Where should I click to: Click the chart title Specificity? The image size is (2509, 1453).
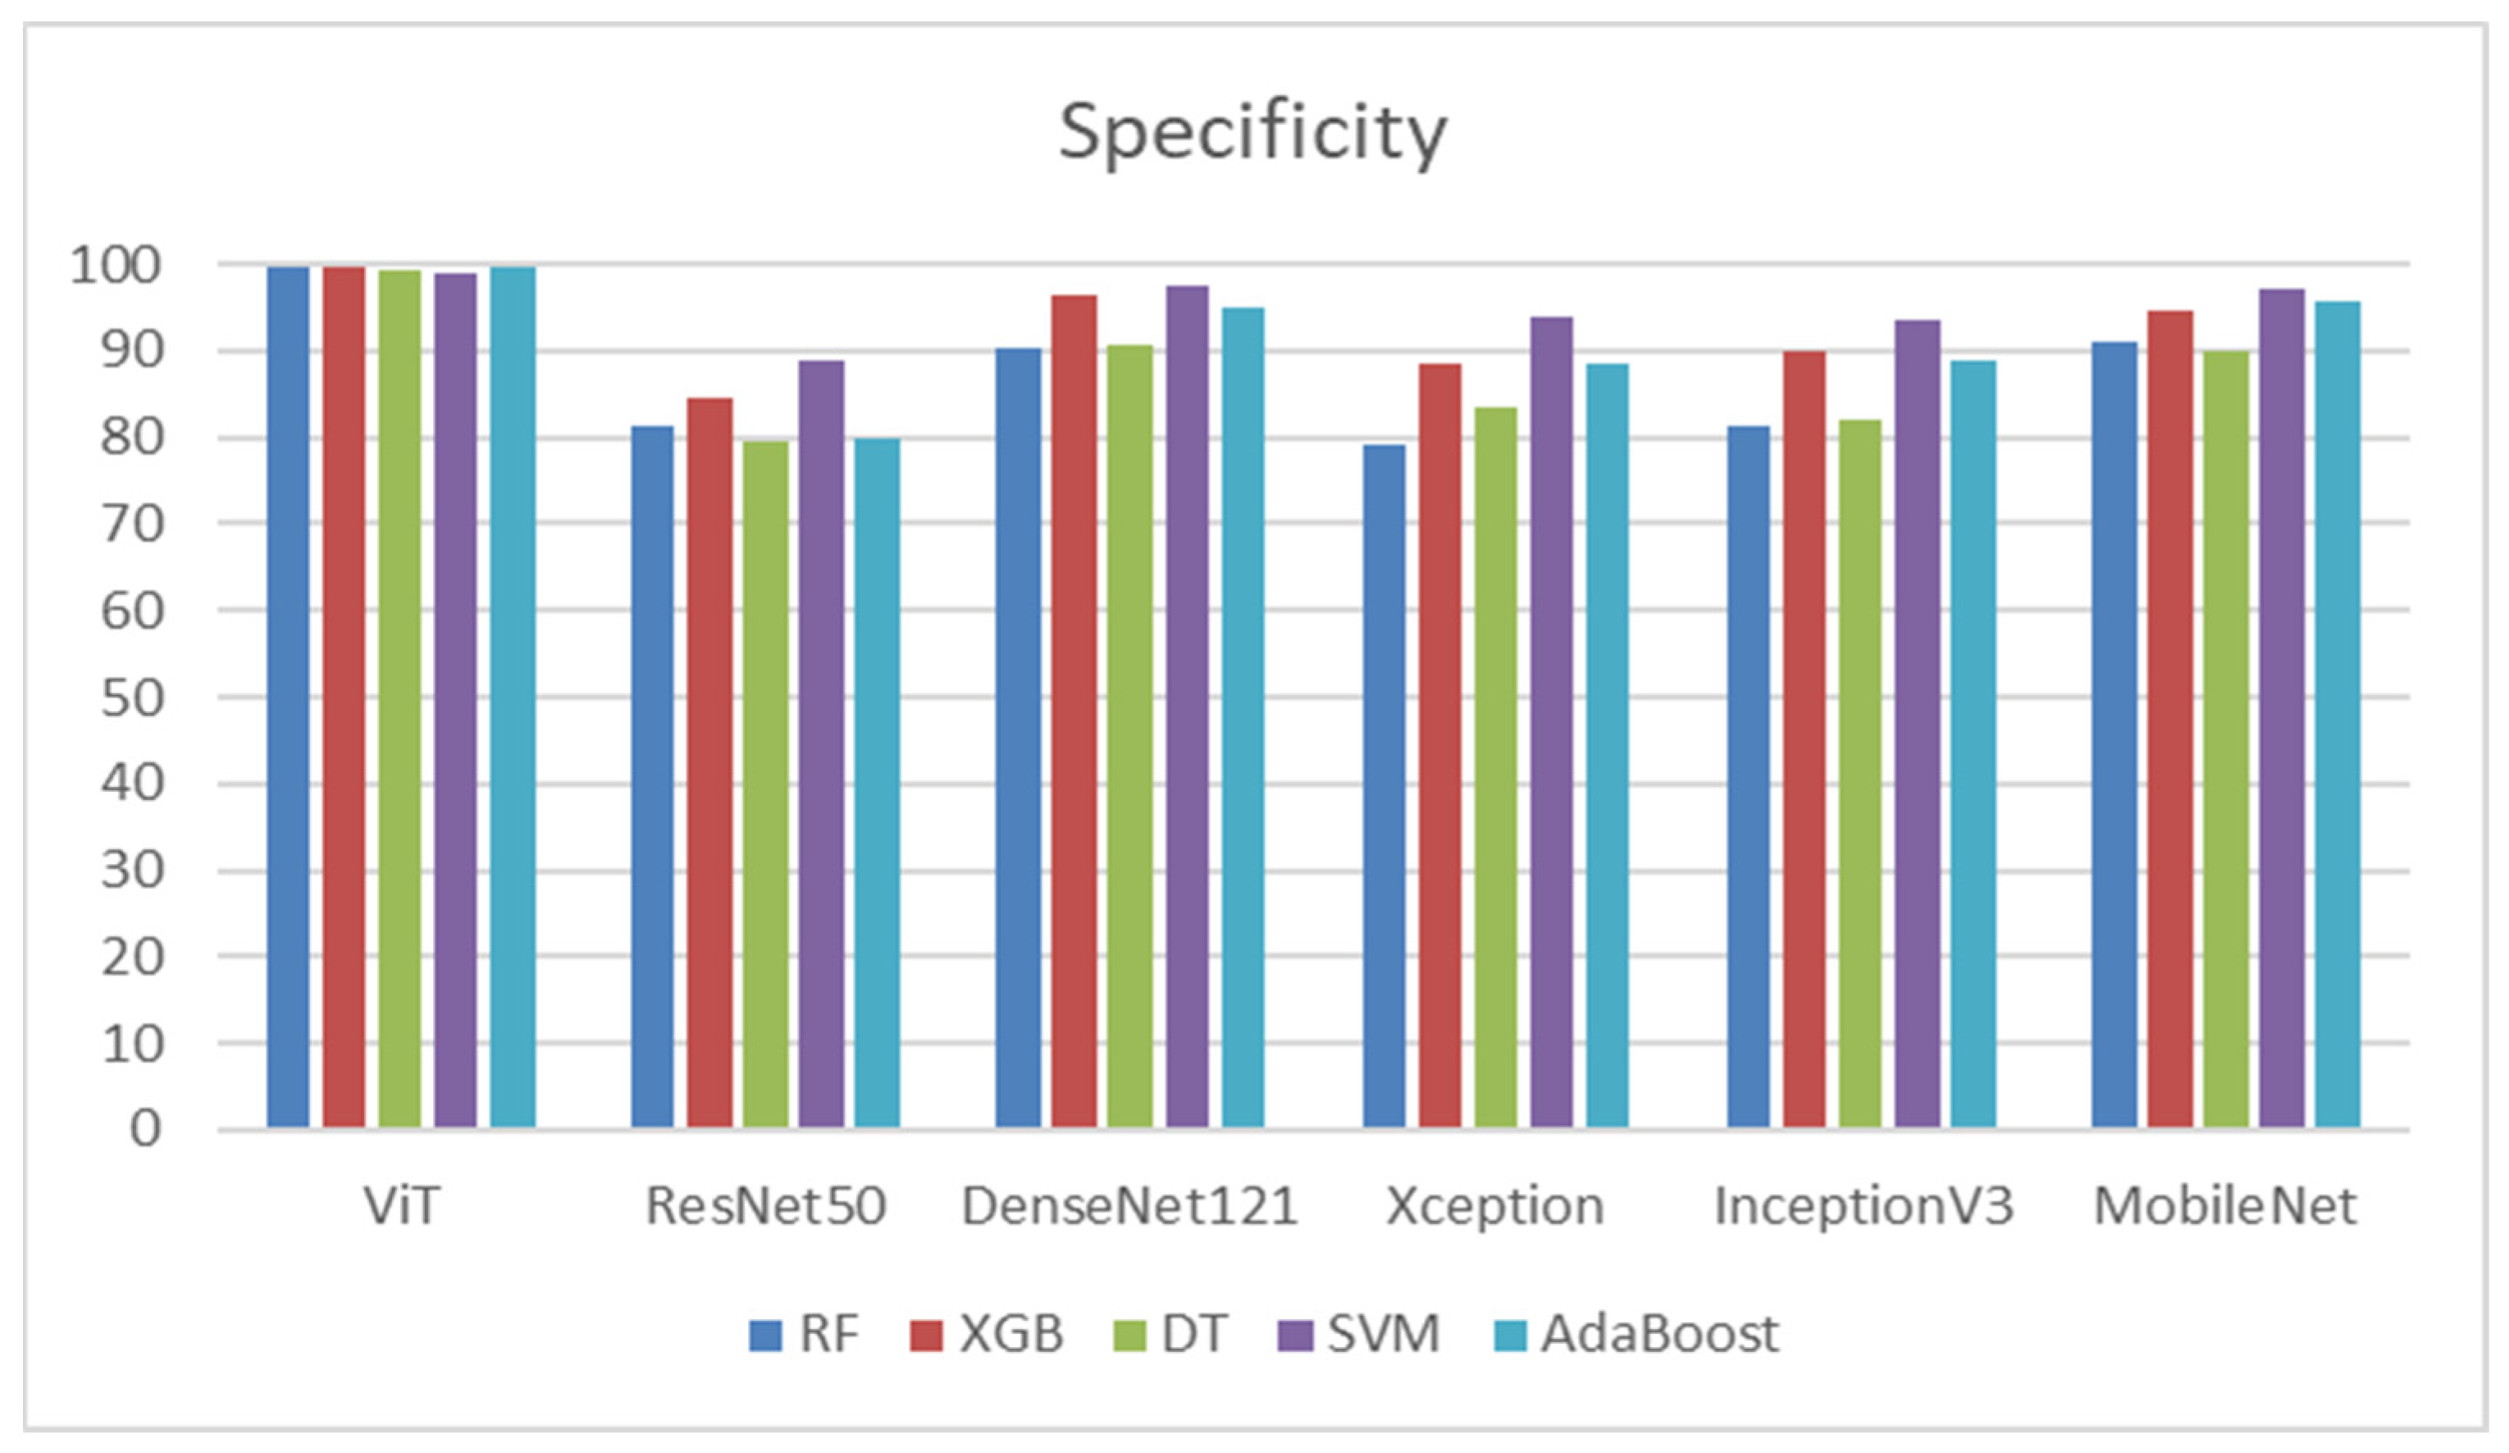click(x=1252, y=132)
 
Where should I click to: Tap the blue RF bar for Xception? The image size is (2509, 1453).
click(x=1384, y=786)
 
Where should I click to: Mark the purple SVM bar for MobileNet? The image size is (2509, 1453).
click(x=2281, y=707)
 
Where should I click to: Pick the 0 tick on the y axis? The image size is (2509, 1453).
click(x=145, y=1131)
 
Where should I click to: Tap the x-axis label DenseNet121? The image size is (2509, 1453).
click(x=1129, y=1206)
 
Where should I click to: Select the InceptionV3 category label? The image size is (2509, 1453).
click(x=1863, y=1206)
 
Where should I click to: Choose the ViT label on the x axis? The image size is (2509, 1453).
click(x=400, y=1206)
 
